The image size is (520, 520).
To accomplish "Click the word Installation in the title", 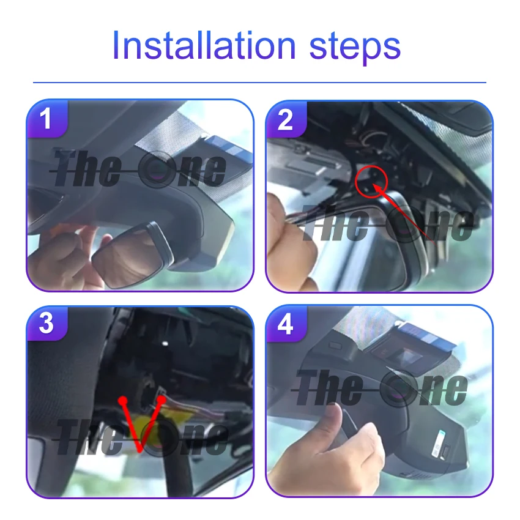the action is click(204, 45).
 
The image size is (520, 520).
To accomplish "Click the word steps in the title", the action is click(355, 48).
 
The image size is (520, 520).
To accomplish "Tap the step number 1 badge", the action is click(47, 119).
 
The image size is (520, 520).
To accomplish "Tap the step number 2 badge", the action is click(286, 120).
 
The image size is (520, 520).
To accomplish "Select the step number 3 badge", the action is click(46, 324).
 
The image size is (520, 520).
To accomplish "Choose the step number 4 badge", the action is click(286, 324).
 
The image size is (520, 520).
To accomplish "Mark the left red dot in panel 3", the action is click(123, 400).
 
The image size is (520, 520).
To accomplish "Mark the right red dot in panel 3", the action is click(161, 399).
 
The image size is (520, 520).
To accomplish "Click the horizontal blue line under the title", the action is click(259, 82).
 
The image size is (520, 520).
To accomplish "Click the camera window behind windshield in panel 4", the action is click(407, 358).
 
